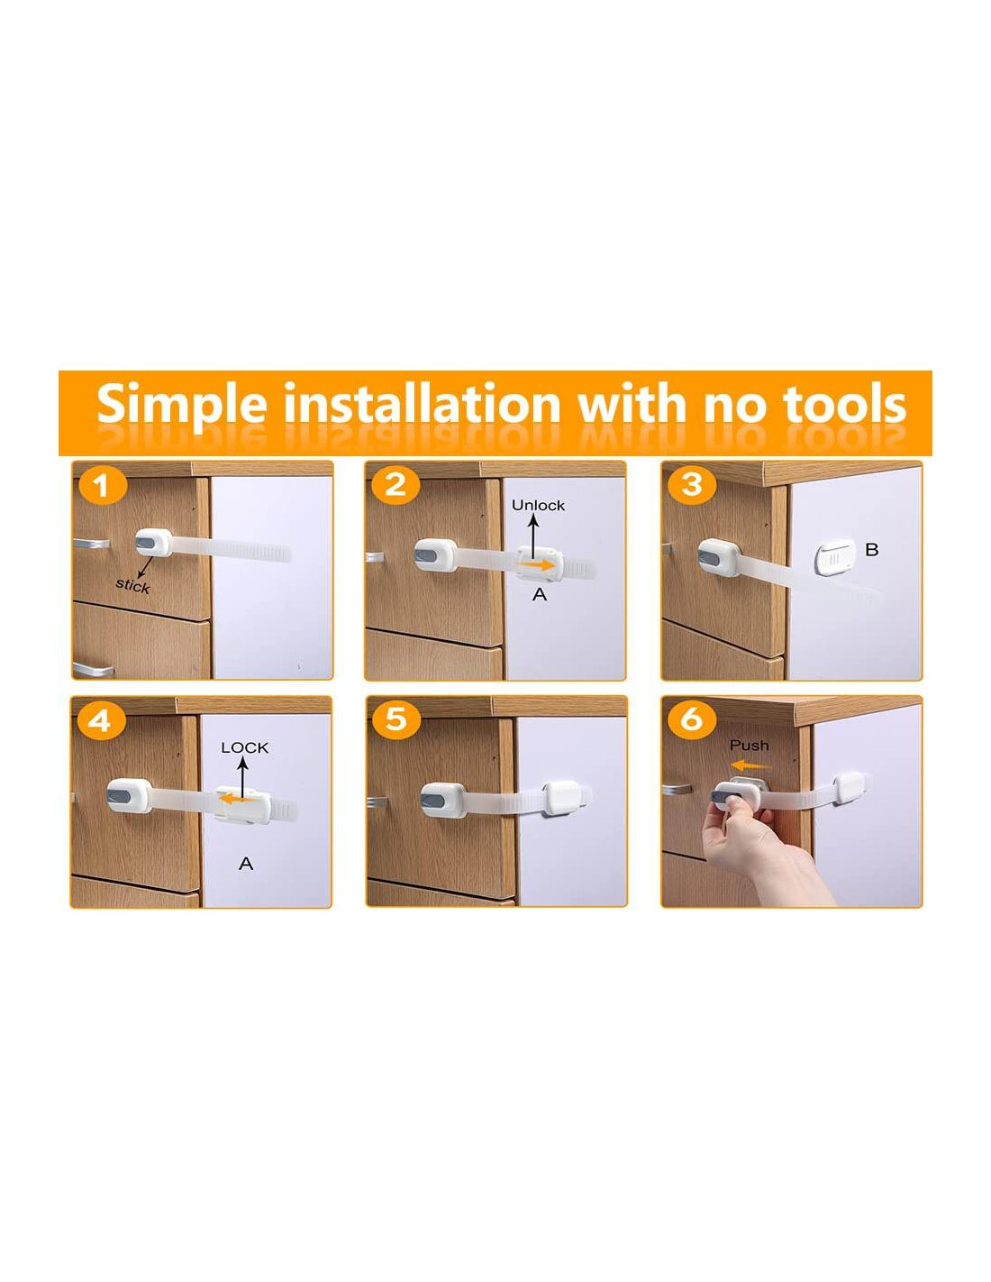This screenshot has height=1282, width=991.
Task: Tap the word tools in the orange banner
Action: (x=843, y=404)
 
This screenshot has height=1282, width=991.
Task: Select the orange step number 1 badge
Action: (x=103, y=486)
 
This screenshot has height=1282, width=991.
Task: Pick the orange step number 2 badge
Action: (x=395, y=485)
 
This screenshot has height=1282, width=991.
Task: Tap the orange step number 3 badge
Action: (x=692, y=484)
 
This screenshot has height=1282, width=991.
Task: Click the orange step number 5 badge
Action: (x=395, y=719)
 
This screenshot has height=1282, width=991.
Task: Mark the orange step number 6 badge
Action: (x=692, y=719)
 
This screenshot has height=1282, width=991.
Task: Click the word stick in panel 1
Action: (x=132, y=585)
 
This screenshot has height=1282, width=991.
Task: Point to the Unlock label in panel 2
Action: (x=538, y=505)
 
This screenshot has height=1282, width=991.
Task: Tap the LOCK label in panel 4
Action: (x=245, y=747)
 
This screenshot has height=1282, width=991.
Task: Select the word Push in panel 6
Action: (x=750, y=746)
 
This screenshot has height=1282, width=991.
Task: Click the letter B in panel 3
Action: (x=871, y=549)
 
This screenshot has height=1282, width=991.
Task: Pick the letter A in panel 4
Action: (x=246, y=864)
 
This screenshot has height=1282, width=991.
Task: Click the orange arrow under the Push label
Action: (x=750, y=765)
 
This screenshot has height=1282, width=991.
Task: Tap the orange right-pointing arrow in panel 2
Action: (x=536, y=564)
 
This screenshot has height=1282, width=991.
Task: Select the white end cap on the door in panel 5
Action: (x=561, y=798)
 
